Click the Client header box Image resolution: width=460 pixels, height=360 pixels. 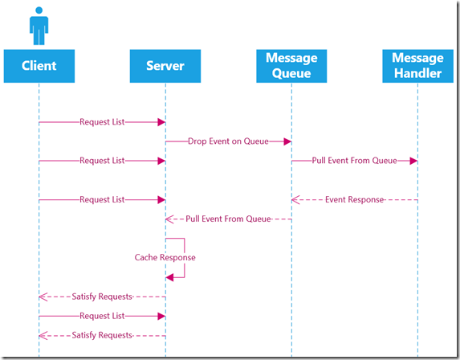coord(39,66)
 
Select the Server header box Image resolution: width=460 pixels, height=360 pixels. coord(165,66)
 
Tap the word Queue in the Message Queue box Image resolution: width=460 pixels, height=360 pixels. coord(291,73)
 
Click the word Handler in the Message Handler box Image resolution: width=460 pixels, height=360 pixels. coord(417,73)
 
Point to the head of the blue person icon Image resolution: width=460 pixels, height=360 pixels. coord(39,10)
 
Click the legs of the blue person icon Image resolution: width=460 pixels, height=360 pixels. coord(39,37)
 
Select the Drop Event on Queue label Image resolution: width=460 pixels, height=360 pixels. coord(228,141)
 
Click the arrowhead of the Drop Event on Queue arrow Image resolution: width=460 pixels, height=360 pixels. coord(287,141)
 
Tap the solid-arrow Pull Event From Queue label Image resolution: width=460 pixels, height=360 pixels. coord(354,161)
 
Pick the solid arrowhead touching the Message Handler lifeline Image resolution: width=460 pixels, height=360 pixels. coord(413,161)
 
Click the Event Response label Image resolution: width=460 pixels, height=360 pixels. coord(354,199)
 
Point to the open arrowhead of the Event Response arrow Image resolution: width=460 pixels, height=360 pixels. coord(295,199)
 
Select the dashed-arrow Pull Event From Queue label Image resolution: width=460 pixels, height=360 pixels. coord(228,219)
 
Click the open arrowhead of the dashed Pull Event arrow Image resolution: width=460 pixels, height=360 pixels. coord(169,219)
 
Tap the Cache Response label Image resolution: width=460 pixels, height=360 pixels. coord(165,257)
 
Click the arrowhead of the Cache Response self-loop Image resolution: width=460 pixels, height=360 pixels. coord(169,277)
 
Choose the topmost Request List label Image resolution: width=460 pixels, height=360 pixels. coord(102,122)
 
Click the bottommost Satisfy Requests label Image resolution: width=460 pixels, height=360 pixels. coord(102,335)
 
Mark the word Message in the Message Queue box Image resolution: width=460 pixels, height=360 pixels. coord(291,58)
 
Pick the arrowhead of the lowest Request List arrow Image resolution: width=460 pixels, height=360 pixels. coord(161,317)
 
